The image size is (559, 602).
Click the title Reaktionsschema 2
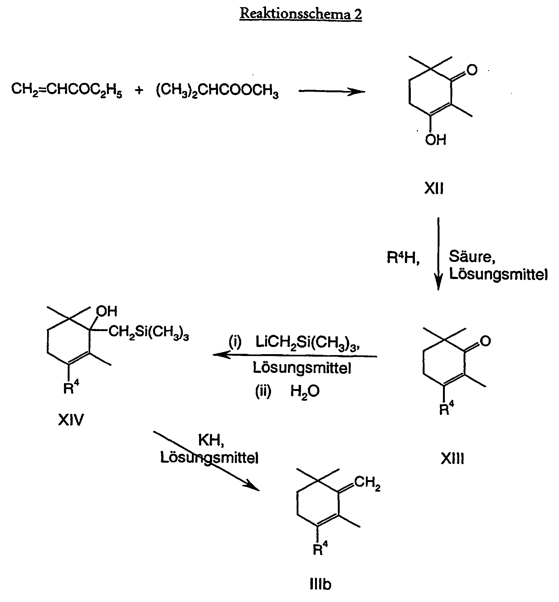pyautogui.click(x=301, y=14)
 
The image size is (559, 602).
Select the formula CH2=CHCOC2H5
pyautogui.click(x=67, y=90)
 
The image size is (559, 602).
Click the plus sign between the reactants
pyautogui.click(x=139, y=90)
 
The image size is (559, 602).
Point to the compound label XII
pyautogui.click(x=434, y=189)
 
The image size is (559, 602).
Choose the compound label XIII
pyautogui.click(x=452, y=459)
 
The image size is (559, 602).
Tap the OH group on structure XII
pyautogui.click(x=435, y=140)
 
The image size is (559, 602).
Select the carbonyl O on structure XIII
pyautogui.click(x=485, y=341)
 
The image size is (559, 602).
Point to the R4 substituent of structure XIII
pyautogui.click(x=446, y=409)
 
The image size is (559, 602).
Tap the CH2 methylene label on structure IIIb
pyautogui.click(x=367, y=484)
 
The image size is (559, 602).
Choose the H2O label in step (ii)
pyautogui.click(x=305, y=391)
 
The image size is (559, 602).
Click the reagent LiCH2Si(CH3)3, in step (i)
pyautogui.click(x=309, y=343)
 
